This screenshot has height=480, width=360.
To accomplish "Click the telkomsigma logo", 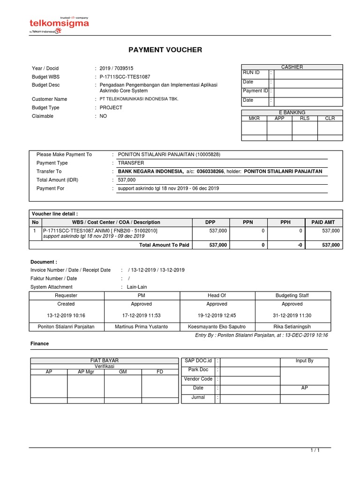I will coord(59,24).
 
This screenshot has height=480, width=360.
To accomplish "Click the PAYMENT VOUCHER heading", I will coord(165,50).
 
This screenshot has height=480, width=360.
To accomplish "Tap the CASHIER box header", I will coord(292,67).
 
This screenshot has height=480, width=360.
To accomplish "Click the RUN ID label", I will coord(251,73).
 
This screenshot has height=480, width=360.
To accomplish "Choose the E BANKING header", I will coord(292,112).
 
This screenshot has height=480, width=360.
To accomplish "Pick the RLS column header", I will coord(305,119).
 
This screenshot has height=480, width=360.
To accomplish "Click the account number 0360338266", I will coord(210,172).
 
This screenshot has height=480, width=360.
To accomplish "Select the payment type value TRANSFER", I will coord(131,163).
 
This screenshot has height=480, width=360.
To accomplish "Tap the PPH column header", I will coord(285,222).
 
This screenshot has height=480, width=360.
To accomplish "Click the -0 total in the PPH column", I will coord(300,245).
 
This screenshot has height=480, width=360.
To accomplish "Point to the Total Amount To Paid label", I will coord(164,245).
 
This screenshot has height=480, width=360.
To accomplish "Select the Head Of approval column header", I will coord(217,295).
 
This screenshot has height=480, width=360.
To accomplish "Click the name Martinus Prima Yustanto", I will coord(141,326).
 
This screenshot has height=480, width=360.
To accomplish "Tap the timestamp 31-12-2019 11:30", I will coord(292,315).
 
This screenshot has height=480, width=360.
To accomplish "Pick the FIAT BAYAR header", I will coord(104,360).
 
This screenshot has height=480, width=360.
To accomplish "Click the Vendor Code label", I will coord(198,379).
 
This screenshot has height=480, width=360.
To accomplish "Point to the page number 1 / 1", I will coord(315,450).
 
